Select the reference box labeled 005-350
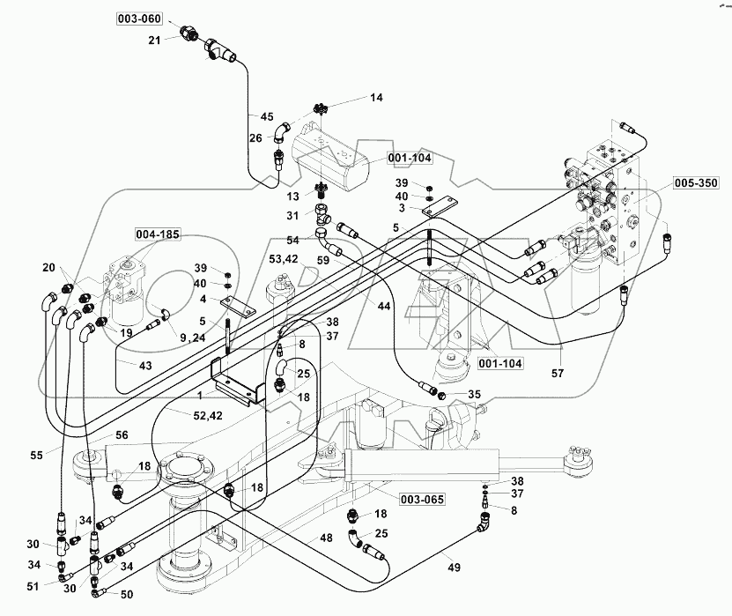(697, 183)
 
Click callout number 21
(153, 39)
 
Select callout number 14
(376, 97)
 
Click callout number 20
(50, 268)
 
